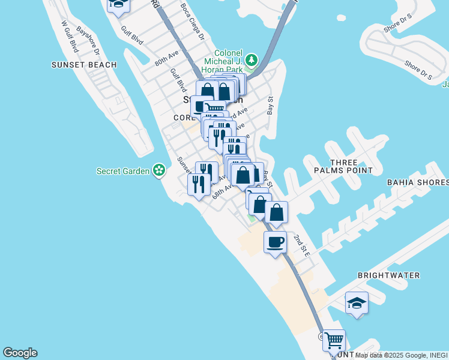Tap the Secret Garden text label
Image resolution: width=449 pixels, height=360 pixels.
coord(122,171)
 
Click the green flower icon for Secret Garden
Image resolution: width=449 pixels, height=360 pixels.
coord(159,171)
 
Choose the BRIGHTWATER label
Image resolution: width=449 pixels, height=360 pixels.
coord(388,275)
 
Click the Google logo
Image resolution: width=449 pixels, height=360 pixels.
coord(20,353)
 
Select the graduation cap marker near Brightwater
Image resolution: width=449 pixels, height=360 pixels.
coord(357,302)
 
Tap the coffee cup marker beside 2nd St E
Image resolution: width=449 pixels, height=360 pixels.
coord(275,242)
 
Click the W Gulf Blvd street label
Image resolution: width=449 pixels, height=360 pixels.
coord(70,37)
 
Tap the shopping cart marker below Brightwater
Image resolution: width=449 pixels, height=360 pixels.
coord(334,340)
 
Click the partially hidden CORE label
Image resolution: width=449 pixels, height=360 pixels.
coord(184,118)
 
